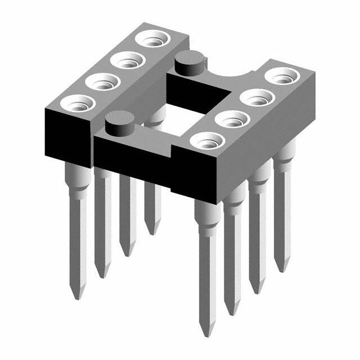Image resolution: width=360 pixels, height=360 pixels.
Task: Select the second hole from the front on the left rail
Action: coord(102,83)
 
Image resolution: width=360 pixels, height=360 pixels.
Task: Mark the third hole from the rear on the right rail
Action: coord(232,119)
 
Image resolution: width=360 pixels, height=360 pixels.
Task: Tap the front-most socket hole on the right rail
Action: coord(206,141)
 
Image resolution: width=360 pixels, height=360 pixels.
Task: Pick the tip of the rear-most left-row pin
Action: coord(151,232)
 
